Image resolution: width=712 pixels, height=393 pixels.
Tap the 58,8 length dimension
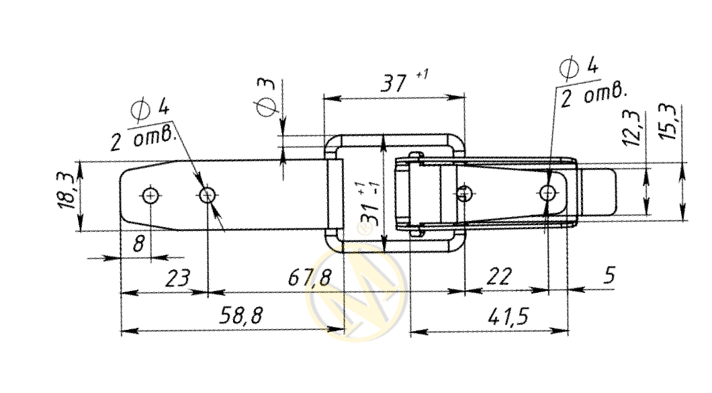(240, 315)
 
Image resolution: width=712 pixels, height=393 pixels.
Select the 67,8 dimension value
(310, 277)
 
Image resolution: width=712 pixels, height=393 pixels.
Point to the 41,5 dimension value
(508, 316)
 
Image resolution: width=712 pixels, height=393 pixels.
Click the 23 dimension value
(177, 278)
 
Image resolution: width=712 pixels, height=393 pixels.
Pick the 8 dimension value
(138, 243)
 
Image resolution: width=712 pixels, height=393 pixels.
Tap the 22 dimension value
(499, 276)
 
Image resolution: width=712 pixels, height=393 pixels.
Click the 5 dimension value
(610, 275)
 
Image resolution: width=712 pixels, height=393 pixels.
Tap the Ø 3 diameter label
(266, 97)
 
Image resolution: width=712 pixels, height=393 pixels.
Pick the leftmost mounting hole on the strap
(150, 195)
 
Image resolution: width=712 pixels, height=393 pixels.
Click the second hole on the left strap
(208, 195)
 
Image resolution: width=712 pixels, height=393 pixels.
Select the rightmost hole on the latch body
(548, 193)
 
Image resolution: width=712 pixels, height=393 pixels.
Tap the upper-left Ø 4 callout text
(150, 109)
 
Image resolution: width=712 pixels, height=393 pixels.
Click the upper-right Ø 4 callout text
(579, 68)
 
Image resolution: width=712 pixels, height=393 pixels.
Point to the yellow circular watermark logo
(357, 292)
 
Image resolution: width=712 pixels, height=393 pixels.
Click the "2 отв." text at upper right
(593, 95)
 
